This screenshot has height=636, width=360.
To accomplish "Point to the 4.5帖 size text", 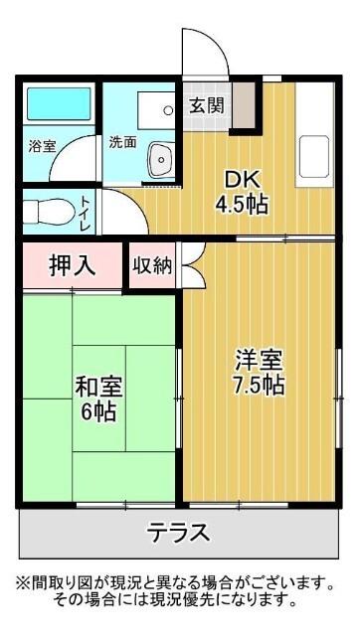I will [243, 207].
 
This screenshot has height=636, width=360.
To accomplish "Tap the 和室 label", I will [98, 385].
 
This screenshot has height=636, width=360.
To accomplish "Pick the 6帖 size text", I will [98, 410].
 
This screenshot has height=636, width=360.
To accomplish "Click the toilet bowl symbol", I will [45, 212].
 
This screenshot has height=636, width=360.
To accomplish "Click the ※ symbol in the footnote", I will [20, 581].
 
